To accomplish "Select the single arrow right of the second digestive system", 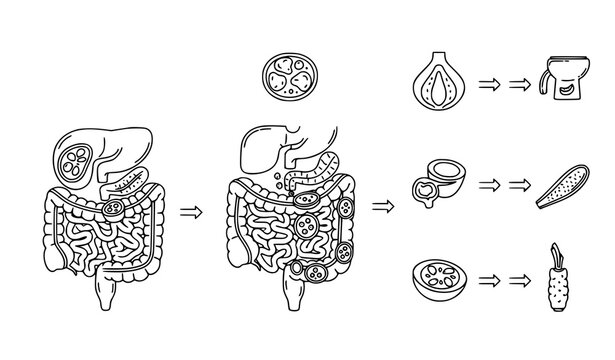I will (x=382, y=207).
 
